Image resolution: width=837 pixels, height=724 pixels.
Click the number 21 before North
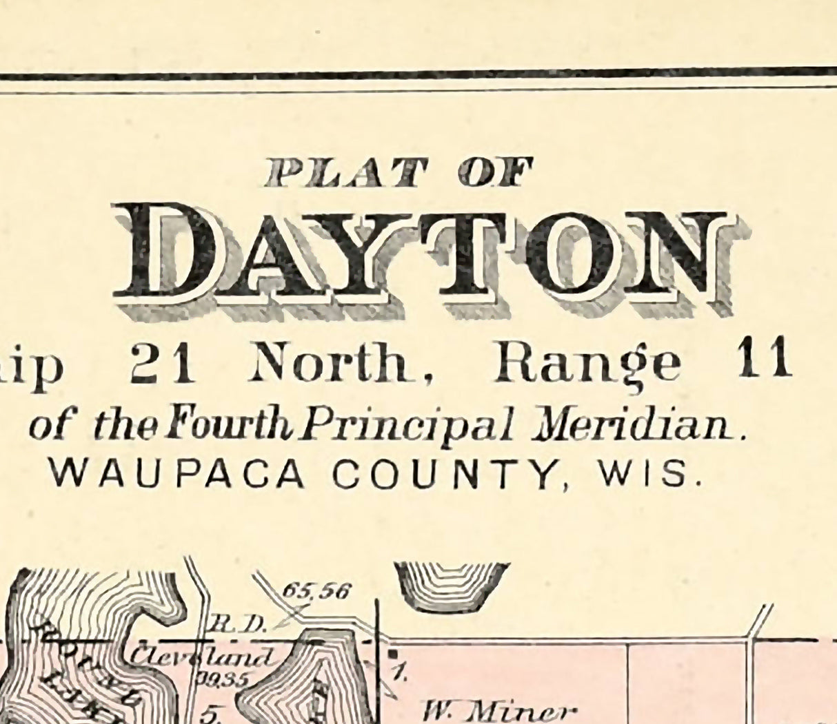163,362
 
